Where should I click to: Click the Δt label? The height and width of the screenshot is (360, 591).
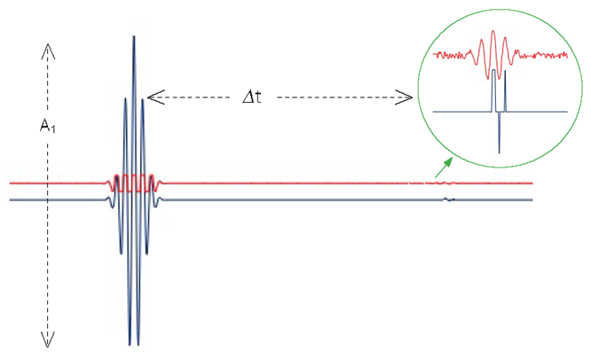[x=253, y=96]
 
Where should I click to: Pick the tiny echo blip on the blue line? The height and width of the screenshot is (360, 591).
[x=448, y=200]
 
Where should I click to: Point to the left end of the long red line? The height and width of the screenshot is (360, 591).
[x=12, y=184]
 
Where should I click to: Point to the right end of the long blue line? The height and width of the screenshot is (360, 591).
[x=531, y=200]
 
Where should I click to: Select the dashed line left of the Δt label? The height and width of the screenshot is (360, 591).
[x=200, y=95]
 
